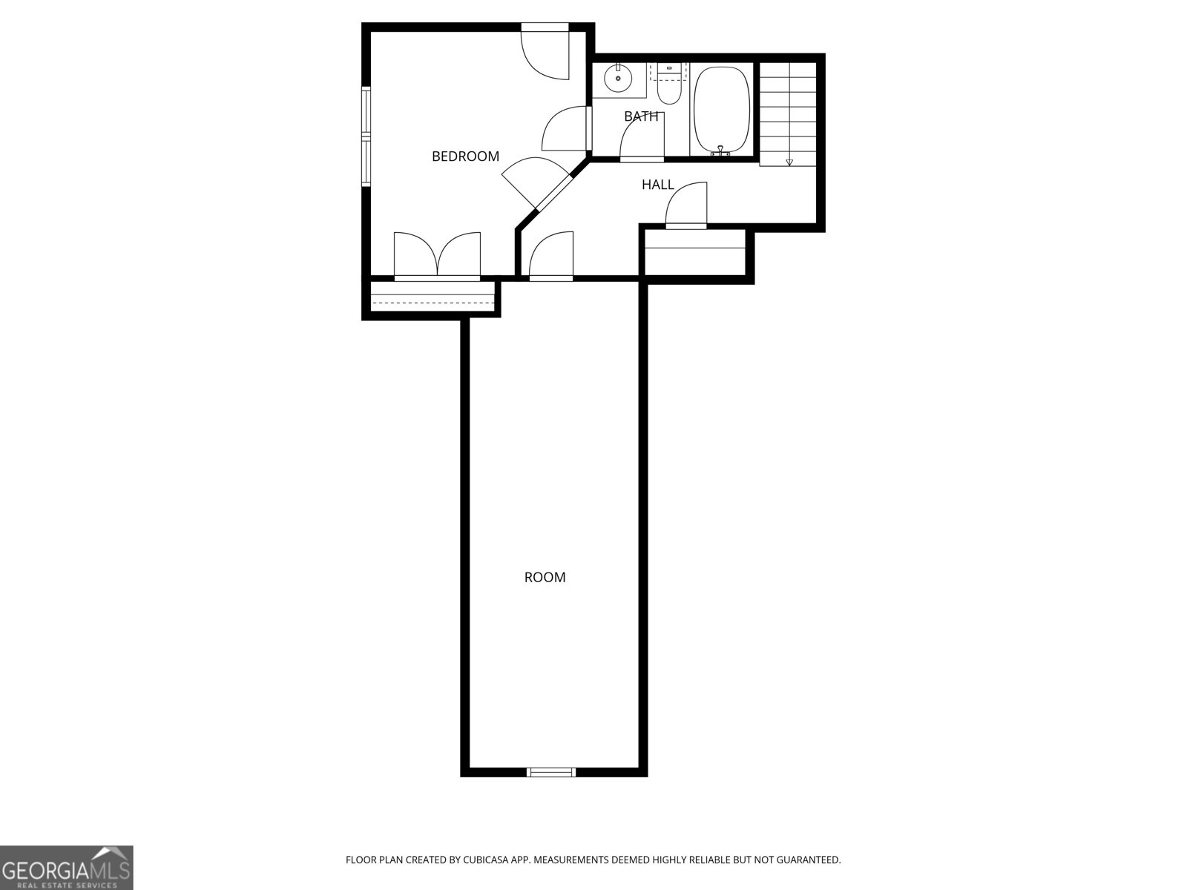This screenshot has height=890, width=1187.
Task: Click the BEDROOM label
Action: coord(465,156)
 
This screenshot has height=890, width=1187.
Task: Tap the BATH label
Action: coord(641,116)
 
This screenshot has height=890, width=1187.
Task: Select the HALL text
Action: coord(658,185)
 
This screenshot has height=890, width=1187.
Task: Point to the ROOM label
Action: coord(545,577)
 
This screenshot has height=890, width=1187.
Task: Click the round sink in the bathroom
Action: coord(616,78)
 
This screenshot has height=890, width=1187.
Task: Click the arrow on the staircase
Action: coord(789,162)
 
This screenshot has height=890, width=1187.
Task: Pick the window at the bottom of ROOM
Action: coord(550,772)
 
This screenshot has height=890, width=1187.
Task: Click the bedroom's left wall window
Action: coord(366,136)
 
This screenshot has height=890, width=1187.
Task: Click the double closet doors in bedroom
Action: coord(437,256)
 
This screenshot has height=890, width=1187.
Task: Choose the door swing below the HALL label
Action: coord(687,205)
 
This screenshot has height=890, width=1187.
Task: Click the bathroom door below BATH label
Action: coord(642,137)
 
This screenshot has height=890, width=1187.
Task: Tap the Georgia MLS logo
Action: coord(67,867)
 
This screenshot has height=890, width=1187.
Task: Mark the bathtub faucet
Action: coord(720,151)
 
